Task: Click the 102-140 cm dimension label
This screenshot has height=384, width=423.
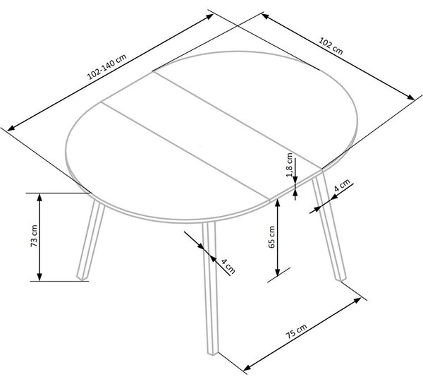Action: [x=107, y=67]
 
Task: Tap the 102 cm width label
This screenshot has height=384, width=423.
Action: [x=331, y=46]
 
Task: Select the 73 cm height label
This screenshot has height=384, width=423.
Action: [x=35, y=236]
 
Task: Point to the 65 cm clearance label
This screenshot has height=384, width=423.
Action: [x=271, y=237]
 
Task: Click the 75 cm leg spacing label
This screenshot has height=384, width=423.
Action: [x=297, y=331]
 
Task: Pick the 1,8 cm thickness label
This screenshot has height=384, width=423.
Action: [x=290, y=164]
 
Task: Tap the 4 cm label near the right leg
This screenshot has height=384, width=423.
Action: [x=342, y=185]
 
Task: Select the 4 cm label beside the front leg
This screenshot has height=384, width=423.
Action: [x=228, y=265]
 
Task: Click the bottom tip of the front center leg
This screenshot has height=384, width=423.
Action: [x=213, y=354]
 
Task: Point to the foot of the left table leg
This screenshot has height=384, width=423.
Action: [x=82, y=277]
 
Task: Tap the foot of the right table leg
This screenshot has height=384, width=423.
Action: [x=341, y=279]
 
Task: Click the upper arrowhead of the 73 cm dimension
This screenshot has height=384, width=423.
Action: [x=39, y=198]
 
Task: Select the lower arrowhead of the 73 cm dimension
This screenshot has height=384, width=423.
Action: [x=39, y=277]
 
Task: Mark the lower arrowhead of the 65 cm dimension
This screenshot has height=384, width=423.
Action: [x=277, y=272]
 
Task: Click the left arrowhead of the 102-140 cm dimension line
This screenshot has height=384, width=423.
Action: [x=11, y=128]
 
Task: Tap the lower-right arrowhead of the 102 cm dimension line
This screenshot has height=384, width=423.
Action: [x=410, y=97]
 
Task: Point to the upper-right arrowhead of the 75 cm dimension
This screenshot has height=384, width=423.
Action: [x=357, y=300]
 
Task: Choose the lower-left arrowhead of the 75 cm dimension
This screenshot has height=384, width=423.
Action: [x=247, y=368]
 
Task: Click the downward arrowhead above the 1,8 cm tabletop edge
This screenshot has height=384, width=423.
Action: [x=295, y=179]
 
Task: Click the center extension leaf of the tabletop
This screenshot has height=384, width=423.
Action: [x=211, y=135]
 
